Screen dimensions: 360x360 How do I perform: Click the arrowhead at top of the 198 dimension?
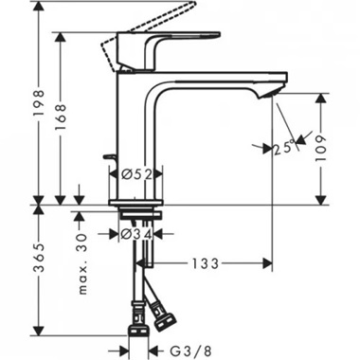(40, 9)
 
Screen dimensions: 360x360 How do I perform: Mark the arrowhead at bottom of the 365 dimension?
(40, 334)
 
